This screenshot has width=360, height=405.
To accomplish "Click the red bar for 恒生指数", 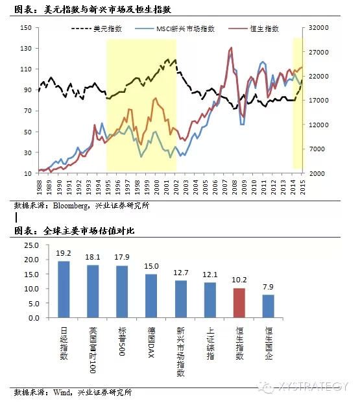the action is (239, 302).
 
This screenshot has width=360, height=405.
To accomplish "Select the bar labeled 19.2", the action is (64, 289).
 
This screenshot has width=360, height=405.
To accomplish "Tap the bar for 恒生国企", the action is (269, 306).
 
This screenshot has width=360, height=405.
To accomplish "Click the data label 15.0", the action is (152, 266).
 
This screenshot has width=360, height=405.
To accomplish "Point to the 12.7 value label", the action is (180, 273).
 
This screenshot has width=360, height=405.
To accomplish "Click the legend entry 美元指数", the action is (96, 29).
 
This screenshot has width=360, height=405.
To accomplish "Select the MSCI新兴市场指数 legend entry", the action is (174, 29).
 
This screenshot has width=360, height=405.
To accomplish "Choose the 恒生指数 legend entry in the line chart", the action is (254, 29).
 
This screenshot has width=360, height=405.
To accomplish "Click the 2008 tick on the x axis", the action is (235, 188).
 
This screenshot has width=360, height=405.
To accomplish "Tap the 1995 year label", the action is (108, 188).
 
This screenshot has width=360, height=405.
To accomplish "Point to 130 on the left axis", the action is (26, 48).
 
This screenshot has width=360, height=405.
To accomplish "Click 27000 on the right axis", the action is (319, 52).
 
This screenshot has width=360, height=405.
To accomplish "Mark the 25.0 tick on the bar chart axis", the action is (32, 245).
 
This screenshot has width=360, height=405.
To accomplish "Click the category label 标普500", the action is (122, 341).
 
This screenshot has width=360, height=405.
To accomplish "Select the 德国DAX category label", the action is (151, 342).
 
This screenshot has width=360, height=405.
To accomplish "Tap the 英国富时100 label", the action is (93, 350).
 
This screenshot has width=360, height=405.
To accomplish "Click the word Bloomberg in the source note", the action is (70, 206).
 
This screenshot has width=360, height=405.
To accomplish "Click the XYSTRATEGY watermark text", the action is (313, 386).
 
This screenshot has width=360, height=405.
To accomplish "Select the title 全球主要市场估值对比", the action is (89, 230).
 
